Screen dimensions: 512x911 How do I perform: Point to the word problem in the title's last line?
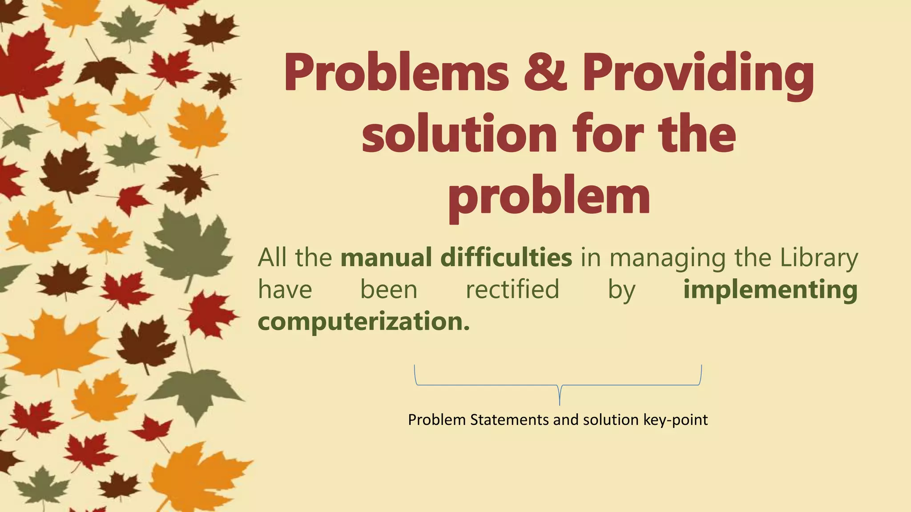point(549,198)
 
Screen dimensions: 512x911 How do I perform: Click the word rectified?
point(512,289)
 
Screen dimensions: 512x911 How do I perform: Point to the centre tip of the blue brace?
point(560,404)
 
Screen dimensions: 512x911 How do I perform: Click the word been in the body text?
point(389,289)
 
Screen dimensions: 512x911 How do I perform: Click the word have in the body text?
point(285,289)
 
